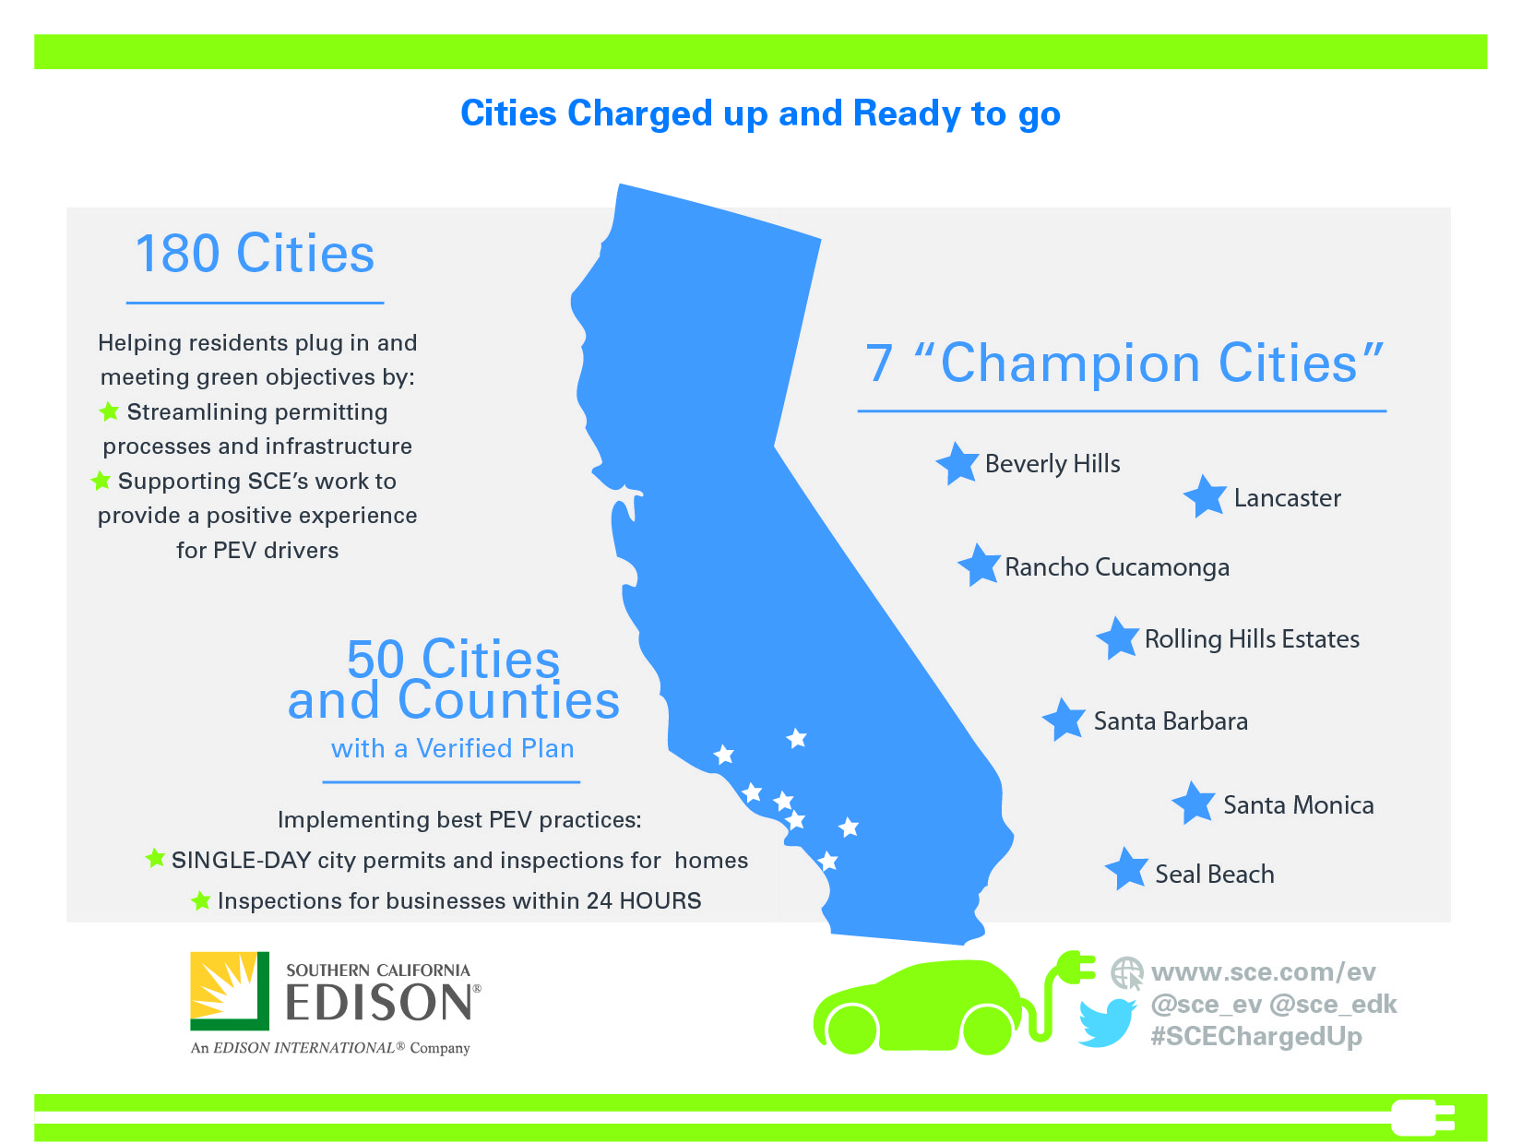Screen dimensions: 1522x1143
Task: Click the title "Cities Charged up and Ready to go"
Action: click(761, 113)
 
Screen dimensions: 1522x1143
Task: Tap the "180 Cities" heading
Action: click(255, 253)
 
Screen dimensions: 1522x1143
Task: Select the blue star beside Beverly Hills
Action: click(957, 463)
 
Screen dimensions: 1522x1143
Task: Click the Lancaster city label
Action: click(1287, 498)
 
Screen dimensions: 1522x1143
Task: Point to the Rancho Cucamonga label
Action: click(1117, 567)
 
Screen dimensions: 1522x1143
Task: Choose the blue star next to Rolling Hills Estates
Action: click(1118, 637)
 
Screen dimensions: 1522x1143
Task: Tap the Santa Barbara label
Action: click(1171, 721)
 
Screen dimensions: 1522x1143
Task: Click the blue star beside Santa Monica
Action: click(1194, 803)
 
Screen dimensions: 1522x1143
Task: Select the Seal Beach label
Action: click(1214, 874)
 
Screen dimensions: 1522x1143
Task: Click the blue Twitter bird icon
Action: click(1107, 1022)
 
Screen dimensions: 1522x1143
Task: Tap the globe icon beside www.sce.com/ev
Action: click(1127, 973)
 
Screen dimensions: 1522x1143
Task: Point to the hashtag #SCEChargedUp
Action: click(1255, 1036)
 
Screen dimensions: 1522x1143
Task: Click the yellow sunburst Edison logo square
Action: click(230, 991)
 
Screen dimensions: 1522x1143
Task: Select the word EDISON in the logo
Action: click(379, 1003)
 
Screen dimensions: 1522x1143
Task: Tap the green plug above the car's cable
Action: click(1075, 968)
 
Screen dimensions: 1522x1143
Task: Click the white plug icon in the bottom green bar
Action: click(1422, 1117)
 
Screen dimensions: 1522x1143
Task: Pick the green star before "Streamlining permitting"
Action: click(109, 411)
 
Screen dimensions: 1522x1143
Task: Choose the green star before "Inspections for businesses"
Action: click(200, 900)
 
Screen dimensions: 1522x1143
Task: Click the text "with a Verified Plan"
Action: click(452, 748)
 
